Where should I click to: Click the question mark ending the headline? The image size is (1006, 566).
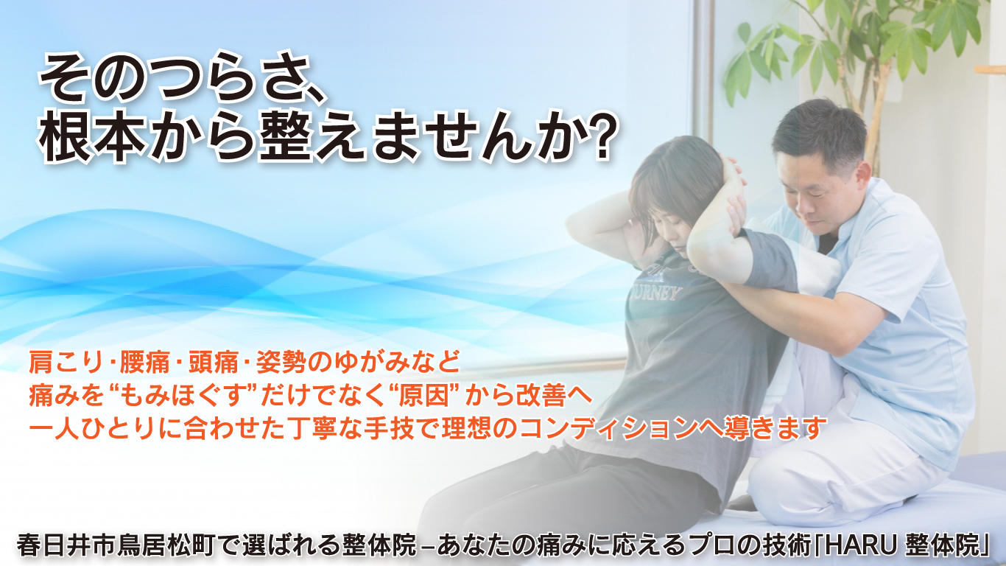[x=601, y=136]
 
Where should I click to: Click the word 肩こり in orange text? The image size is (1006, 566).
[x=66, y=362]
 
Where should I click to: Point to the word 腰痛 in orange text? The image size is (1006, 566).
[x=144, y=362]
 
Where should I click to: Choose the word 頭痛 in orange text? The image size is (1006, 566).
[x=213, y=362]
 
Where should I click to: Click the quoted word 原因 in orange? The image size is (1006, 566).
[x=424, y=396]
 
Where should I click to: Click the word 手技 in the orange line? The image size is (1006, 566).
[x=389, y=428]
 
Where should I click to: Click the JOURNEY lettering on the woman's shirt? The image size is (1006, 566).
[x=655, y=293]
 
